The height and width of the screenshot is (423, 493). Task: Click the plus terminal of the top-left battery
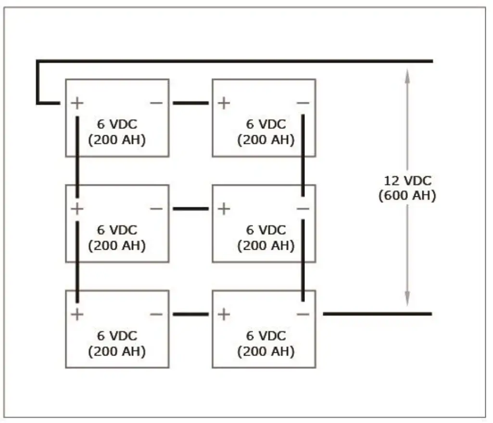(x=77, y=103)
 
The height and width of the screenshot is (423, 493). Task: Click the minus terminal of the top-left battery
(x=156, y=103)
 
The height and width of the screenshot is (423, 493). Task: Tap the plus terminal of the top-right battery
(x=224, y=103)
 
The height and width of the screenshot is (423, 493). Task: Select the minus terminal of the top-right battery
(x=303, y=103)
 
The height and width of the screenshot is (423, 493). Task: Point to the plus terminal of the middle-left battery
(x=77, y=209)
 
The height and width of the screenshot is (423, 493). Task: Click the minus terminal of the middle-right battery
(x=303, y=209)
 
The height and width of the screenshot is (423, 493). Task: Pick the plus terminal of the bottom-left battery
(x=77, y=314)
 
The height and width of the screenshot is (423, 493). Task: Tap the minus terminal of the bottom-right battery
(x=303, y=314)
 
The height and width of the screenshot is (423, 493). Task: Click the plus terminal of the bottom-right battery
(x=224, y=314)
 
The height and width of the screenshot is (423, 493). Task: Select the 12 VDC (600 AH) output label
(x=407, y=188)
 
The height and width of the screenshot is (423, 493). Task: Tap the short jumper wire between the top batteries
(x=190, y=103)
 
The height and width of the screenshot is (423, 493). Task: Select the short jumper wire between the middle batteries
(x=190, y=209)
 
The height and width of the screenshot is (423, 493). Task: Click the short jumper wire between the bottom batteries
(x=190, y=314)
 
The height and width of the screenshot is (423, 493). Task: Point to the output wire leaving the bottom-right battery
(x=377, y=314)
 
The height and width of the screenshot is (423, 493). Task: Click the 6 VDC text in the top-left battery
(x=117, y=124)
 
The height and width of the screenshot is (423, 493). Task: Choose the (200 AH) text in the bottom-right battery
(x=265, y=351)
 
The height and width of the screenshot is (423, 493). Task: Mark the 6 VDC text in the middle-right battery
(x=265, y=230)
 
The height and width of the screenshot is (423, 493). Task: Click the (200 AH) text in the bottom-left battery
(x=117, y=351)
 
